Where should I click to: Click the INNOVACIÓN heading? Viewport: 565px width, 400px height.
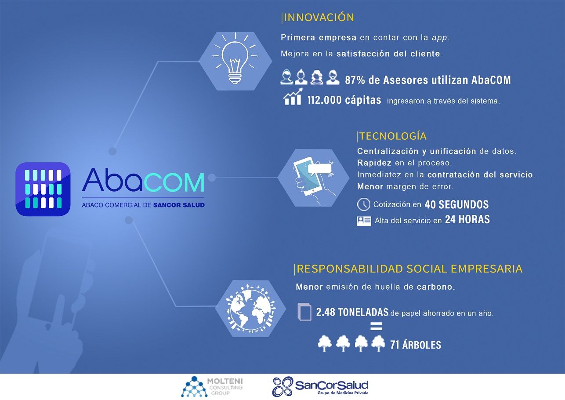coord(319,17)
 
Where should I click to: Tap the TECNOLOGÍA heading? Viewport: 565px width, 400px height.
coord(393,136)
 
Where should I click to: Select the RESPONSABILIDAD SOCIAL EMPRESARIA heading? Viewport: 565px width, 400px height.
coord(409,269)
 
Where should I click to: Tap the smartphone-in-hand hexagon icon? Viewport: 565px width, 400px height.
coord(313,178)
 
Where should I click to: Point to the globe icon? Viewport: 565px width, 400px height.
coord(250,308)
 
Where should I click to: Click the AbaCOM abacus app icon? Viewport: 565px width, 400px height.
coord(43,189)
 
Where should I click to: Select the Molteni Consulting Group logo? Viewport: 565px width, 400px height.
coord(212,386)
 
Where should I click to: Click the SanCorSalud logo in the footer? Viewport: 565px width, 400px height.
coord(320,387)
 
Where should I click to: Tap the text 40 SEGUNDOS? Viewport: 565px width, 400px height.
coord(456,204)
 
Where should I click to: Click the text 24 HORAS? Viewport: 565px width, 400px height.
coord(467,219)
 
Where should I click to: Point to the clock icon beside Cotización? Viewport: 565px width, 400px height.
coord(363,204)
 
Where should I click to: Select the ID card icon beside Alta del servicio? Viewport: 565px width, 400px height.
coord(364,221)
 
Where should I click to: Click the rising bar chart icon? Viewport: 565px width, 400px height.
coord(293,97)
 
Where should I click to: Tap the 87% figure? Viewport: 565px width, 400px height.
coord(355,80)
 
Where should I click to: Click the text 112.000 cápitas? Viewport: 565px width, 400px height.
coord(344,100)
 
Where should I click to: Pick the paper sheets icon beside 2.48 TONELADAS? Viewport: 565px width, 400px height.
coord(304,312)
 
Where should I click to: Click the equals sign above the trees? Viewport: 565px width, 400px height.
coord(377,326)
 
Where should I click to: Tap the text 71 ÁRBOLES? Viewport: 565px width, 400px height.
coord(416,345)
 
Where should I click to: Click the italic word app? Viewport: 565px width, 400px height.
coord(439,38)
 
